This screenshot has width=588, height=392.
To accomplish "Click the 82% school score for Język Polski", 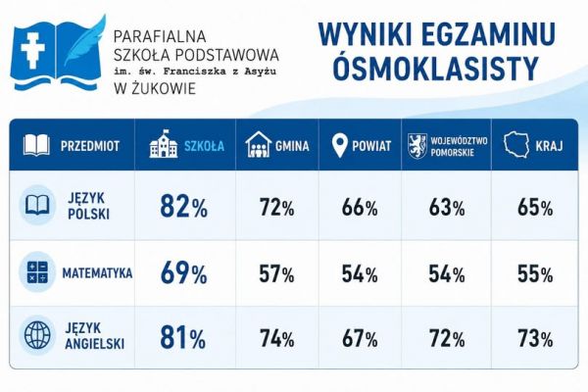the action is [x=183, y=207].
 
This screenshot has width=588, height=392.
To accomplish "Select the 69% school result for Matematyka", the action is [x=183, y=272].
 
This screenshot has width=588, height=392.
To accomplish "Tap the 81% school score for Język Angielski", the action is [x=182, y=337].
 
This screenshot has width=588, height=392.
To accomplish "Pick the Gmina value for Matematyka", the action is [x=276, y=273].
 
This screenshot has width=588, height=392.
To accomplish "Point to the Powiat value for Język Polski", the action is [x=360, y=208].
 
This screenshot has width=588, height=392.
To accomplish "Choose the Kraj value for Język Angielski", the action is [x=535, y=339].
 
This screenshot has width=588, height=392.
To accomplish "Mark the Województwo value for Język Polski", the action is [x=447, y=208].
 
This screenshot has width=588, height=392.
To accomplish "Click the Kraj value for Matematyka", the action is [x=535, y=273].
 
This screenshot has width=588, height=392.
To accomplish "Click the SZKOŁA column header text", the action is [x=204, y=146].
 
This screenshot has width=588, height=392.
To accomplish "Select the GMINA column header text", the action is [x=292, y=146].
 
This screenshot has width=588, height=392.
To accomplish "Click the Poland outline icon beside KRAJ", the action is [x=516, y=144].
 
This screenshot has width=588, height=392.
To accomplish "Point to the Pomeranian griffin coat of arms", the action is [x=417, y=146].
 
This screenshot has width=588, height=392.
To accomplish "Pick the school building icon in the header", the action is [x=163, y=144].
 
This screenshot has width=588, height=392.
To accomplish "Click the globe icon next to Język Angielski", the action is [x=37, y=335].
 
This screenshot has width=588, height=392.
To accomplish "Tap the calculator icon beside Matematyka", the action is [x=37, y=272].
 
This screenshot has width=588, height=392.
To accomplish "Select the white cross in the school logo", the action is [x=32, y=51].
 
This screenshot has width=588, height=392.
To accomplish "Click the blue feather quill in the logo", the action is [x=85, y=41].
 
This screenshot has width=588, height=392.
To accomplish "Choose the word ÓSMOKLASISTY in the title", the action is [x=436, y=69].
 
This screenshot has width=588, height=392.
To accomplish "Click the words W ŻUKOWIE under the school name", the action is [x=155, y=89].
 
